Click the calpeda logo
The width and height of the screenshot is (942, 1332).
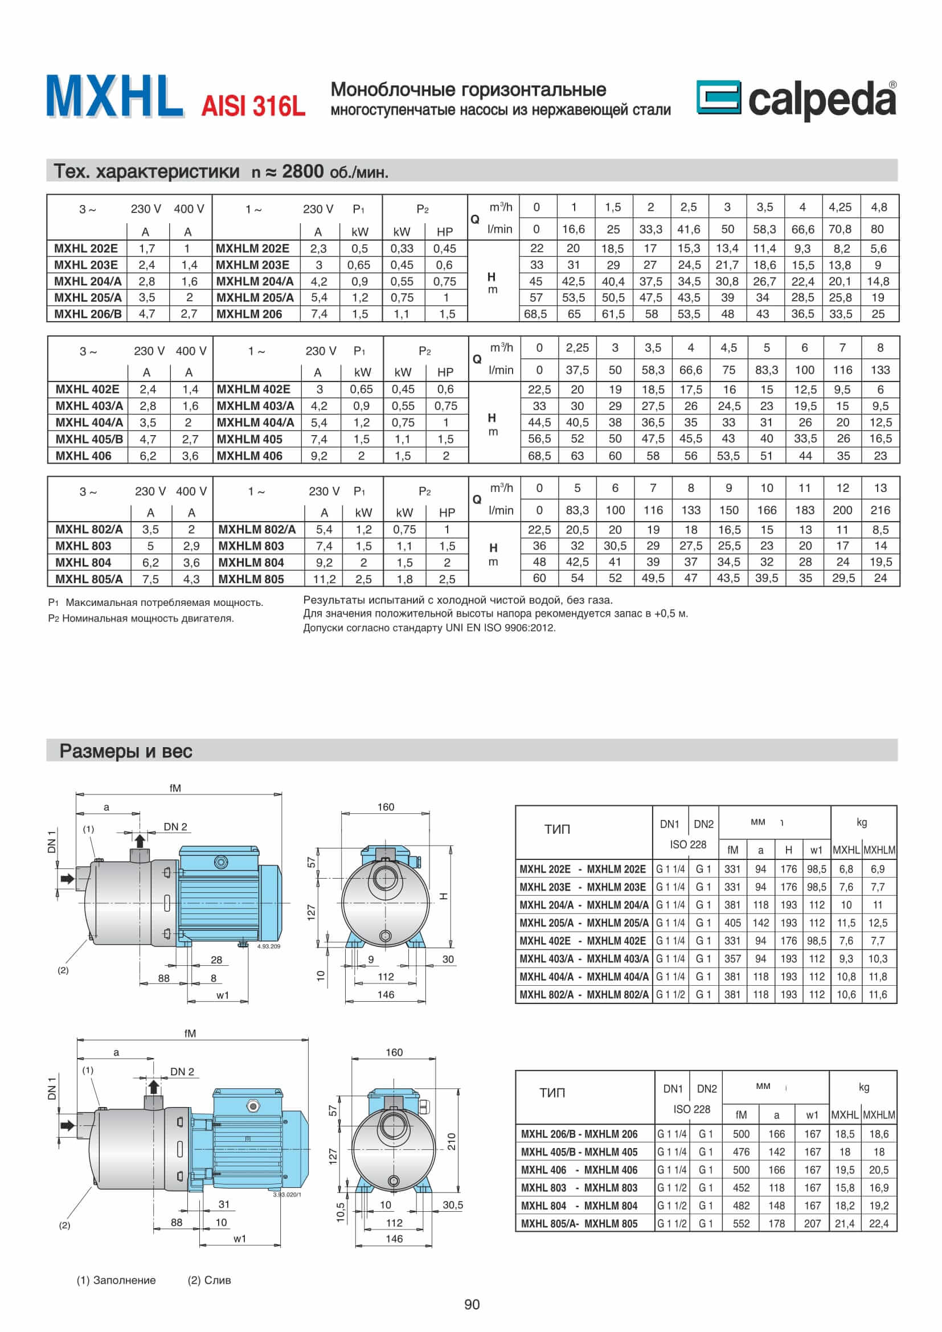coord(796,100)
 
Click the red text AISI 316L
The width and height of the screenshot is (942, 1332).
coord(253,106)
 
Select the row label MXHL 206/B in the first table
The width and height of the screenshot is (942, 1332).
coord(87,314)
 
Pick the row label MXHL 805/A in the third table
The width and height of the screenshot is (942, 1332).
coord(89,579)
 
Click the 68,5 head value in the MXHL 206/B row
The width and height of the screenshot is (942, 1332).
coord(535,314)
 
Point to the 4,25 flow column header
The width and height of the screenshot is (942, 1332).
coord(840,207)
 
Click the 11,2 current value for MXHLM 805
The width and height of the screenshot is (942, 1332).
coord(324,579)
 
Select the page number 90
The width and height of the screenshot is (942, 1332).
coord(472,1304)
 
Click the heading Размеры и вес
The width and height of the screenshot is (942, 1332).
coord(125,751)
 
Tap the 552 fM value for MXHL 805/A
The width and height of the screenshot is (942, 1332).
coord(741,1223)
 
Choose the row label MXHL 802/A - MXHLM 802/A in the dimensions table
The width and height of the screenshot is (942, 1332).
coord(584,994)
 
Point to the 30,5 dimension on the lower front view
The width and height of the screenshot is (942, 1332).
coord(452,1205)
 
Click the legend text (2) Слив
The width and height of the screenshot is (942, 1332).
coord(209,1280)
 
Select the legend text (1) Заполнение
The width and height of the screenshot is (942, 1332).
coord(116,1280)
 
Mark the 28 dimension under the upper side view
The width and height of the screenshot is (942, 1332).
coord(216,960)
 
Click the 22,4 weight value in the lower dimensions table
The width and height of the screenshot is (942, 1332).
coord(878,1223)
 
